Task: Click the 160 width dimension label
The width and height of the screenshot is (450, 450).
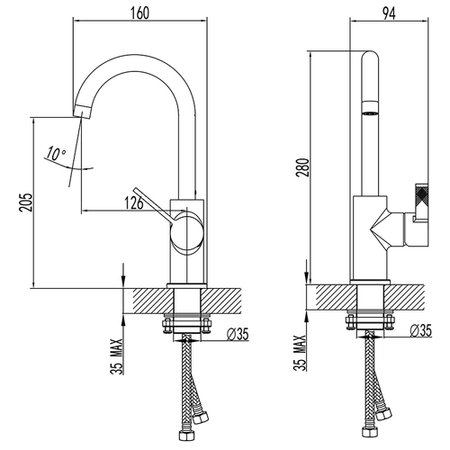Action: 139,13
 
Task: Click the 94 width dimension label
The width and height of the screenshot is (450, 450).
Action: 389,13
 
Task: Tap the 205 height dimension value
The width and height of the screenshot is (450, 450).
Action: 25,202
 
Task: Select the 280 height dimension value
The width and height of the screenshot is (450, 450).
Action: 303,167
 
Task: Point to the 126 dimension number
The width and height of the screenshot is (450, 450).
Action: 134,203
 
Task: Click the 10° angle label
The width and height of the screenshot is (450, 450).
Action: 55,154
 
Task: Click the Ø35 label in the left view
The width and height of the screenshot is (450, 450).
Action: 238,334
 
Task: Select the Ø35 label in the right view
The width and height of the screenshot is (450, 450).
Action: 420,330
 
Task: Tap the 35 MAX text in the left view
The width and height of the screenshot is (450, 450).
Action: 117,356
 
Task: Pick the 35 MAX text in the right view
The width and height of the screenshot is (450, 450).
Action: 301,353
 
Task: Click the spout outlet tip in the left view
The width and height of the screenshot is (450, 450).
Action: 82,112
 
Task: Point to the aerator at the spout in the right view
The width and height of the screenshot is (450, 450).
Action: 370,108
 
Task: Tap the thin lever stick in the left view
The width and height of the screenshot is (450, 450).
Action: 152,206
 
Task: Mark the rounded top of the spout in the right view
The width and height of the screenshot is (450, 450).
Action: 370,57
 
